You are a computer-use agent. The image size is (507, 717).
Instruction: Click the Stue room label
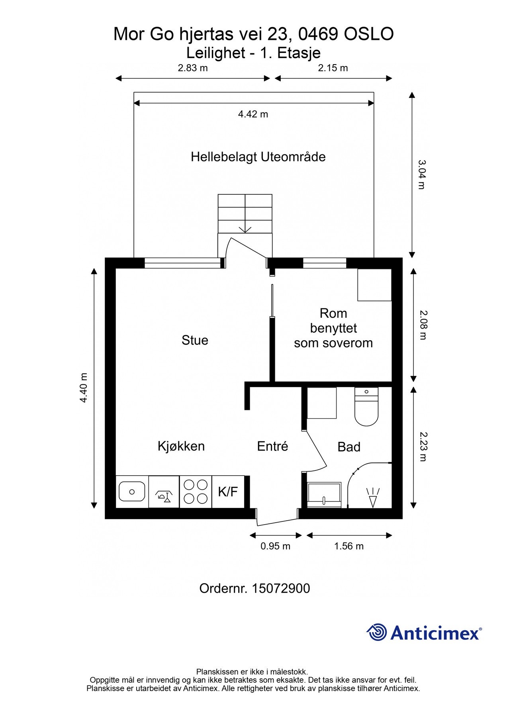tap(195, 340)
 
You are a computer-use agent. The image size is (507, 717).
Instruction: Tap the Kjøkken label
tap(181, 446)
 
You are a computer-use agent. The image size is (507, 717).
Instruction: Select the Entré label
tap(272, 446)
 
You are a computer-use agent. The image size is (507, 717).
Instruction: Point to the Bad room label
tap(349, 447)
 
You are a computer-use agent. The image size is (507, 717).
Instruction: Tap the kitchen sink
tap(132, 492)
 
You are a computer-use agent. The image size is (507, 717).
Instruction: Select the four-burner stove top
tap(196, 492)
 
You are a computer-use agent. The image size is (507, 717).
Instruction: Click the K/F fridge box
tap(228, 492)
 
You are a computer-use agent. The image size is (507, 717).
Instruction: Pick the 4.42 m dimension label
tap(253, 114)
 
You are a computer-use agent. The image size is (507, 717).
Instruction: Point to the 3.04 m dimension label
tap(421, 174)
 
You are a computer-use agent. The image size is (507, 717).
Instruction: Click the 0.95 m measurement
tap(275, 546)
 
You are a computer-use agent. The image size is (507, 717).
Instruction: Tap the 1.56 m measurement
tap(349, 546)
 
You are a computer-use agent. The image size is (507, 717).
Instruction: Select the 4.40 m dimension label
tap(84, 388)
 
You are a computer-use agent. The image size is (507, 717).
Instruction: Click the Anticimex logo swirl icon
tap(377, 633)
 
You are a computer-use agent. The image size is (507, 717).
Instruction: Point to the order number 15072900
tap(281, 588)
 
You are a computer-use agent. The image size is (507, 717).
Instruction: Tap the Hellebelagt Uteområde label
tap(258, 157)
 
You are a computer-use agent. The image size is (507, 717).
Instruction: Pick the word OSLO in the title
tap(369, 34)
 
